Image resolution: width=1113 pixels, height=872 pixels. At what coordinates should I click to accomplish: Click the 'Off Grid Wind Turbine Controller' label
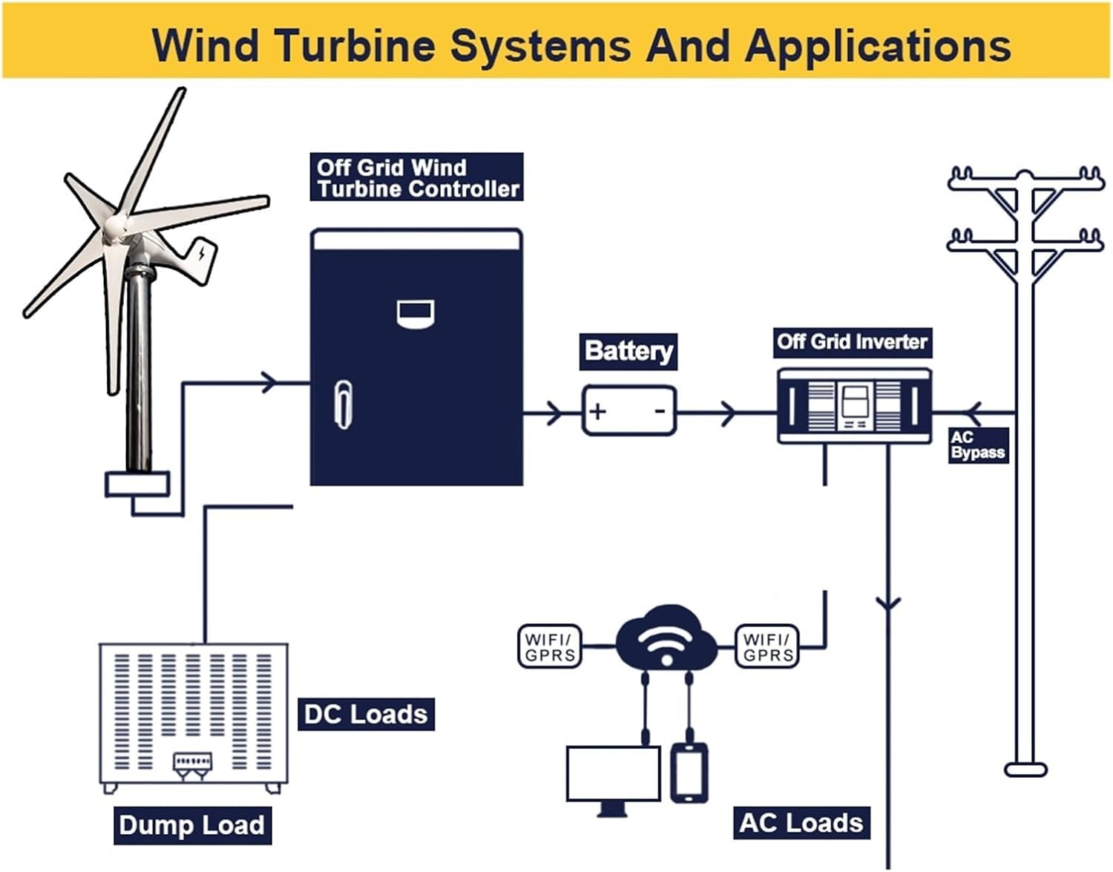[416, 177]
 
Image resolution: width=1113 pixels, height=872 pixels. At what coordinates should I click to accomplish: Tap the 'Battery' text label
[628, 351]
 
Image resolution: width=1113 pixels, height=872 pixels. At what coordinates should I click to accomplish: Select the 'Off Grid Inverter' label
[852, 342]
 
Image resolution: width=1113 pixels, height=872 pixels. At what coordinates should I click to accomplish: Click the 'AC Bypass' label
[978, 445]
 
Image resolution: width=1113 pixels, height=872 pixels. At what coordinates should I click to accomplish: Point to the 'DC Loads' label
[366, 714]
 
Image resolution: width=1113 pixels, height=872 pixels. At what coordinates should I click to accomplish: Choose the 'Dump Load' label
[191, 825]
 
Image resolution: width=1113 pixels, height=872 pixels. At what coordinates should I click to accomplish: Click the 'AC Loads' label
[801, 822]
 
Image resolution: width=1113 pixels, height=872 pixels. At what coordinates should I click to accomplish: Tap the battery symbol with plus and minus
[629, 410]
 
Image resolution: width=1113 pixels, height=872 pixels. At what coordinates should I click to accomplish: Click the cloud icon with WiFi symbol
[666, 637]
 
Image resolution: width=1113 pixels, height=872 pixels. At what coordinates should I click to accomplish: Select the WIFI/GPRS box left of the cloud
[549, 646]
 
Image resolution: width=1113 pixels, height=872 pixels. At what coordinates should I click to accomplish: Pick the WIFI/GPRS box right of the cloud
[767, 646]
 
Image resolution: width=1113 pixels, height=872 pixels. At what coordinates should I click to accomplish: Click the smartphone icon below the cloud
[689, 773]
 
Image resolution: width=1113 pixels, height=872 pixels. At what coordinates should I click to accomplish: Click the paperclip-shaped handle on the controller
[344, 404]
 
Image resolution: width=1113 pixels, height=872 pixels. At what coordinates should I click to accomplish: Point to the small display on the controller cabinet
[416, 313]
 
